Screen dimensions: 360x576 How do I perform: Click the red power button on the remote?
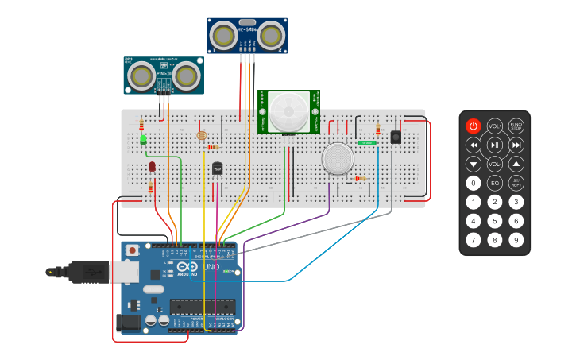473,126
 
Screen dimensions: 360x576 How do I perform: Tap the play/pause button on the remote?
494,145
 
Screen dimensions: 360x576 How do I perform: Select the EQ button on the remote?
494,183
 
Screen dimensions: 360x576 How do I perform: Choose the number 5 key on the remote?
494,221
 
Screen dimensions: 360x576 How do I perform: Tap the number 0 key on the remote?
473,183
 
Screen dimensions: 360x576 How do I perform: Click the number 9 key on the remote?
516,240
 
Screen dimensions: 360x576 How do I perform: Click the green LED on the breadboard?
143,139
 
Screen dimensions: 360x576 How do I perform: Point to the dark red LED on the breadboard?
152,166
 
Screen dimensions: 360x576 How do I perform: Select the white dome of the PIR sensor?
288,111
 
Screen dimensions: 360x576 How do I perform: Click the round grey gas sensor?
338,158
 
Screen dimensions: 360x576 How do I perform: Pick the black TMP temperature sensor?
217,168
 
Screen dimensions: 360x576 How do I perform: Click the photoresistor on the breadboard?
201,135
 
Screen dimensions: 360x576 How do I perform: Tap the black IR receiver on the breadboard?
396,137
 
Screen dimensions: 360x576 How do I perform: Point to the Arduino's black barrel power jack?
127,322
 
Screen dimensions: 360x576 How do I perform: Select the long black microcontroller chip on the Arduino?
202,307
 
